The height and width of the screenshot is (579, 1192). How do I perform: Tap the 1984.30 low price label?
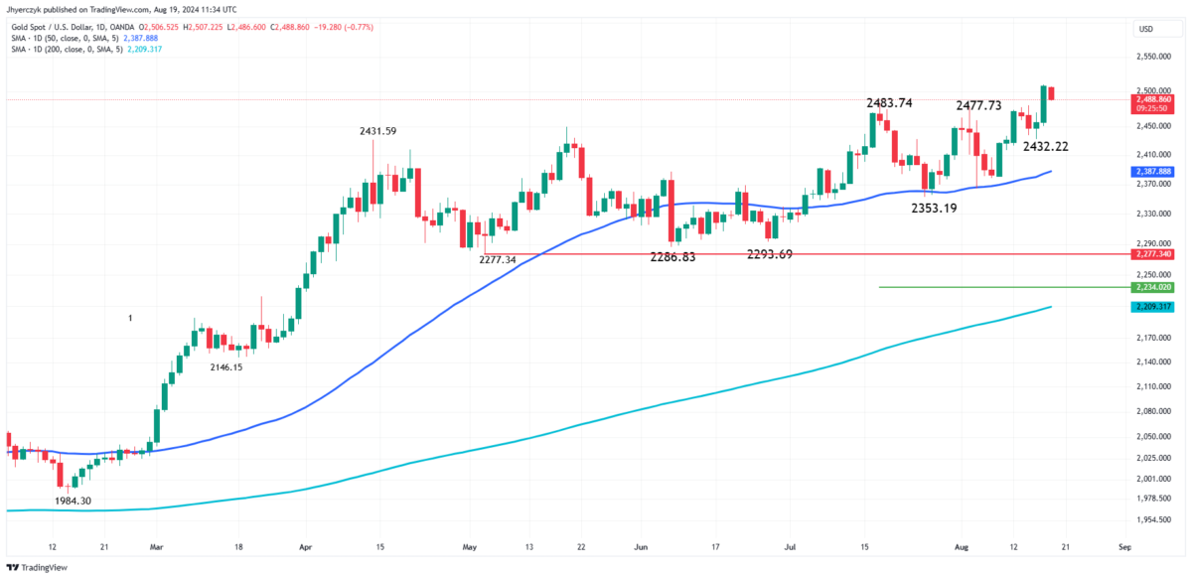(x=70, y=502)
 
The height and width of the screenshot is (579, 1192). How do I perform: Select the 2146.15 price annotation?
(x=226, y=367)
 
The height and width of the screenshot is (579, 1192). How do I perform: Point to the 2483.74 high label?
(x=889, y=103)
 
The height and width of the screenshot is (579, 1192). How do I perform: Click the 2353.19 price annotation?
(x=935, y=208)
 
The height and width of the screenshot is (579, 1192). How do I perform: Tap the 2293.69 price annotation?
(x=770, y=254)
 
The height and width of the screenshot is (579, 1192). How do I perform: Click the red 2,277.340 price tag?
(x=1152, y=254)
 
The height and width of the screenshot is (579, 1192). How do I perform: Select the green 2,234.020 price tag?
(x=1152, y=287)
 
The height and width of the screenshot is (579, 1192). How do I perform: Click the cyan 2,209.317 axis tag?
(x=1152, y=307)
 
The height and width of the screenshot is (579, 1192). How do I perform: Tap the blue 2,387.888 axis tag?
(x=1152, y=172)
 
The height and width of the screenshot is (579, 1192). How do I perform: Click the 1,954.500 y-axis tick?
(x=1152, y=519)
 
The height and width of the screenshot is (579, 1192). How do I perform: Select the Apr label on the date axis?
(x=305, y=546)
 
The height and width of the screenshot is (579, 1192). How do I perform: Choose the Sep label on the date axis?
(x=1123, y=546)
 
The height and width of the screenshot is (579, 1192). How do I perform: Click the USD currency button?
(x=1145, y=30)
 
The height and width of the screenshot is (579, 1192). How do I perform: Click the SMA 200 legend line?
(x=70, y=49)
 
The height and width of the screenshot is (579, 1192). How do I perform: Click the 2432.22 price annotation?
(x=1047, y=147)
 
